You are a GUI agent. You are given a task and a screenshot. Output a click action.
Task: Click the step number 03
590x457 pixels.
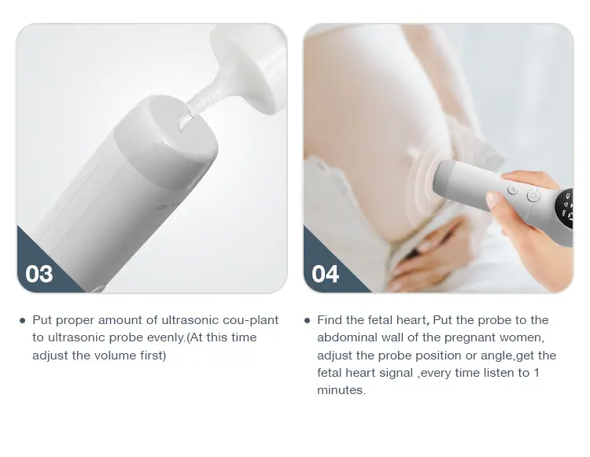(x=39, y=274)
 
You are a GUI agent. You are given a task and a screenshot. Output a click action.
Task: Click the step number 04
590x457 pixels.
(x=325, y=274)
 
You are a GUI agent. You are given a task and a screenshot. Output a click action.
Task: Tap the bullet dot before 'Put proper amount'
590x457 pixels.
(x=22, y=320)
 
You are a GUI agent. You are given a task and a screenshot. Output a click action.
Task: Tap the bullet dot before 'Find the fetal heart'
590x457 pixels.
(x=307, y=320)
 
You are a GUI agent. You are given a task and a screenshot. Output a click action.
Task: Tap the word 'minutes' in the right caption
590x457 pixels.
(x=340, y=390)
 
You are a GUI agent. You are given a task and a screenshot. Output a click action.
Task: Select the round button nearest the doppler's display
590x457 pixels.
(x=533, y=196)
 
